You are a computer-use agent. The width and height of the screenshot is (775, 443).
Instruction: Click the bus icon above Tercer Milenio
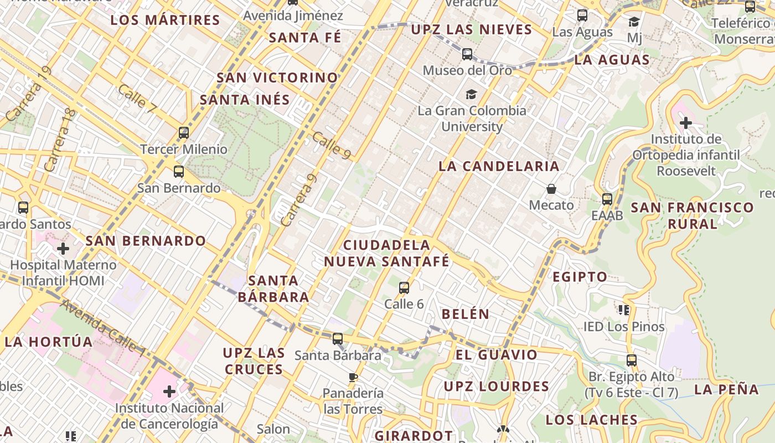click(184, 133)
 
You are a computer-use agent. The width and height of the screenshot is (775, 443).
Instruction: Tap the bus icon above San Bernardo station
click(178, 172)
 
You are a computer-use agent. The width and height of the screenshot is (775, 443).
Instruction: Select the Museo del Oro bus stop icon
click(467, 54)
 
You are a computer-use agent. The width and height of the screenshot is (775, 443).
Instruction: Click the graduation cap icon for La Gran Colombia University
click(471, 94)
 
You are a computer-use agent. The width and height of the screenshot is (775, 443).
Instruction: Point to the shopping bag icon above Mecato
click(551, 189)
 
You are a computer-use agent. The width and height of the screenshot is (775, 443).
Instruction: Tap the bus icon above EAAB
click(607, 199)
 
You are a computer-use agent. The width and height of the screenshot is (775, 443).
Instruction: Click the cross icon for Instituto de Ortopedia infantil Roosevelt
click(686, 122)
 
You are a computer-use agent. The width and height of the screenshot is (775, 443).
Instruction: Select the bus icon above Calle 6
click(404, 288)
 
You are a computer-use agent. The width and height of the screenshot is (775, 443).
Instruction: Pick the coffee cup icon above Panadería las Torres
click(353, 378)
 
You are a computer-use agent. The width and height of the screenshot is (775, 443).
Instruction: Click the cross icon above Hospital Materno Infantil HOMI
click(63, 249)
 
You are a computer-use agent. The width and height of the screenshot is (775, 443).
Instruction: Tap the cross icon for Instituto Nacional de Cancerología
click(169, 392)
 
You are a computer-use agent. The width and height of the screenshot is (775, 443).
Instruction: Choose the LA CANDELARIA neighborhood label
click(499, 166)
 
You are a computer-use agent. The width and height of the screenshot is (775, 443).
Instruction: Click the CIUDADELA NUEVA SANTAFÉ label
click(386, 253)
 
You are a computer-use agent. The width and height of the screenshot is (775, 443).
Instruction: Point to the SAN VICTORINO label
click(277, 78)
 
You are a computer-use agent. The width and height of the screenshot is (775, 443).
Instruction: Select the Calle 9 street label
click(331, 146)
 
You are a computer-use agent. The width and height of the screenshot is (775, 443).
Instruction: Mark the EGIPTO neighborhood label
click(580, 277)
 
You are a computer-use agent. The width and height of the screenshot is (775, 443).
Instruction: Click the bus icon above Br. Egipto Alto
click(632, 360)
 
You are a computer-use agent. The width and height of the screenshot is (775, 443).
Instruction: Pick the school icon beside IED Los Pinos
click(624, 310)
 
